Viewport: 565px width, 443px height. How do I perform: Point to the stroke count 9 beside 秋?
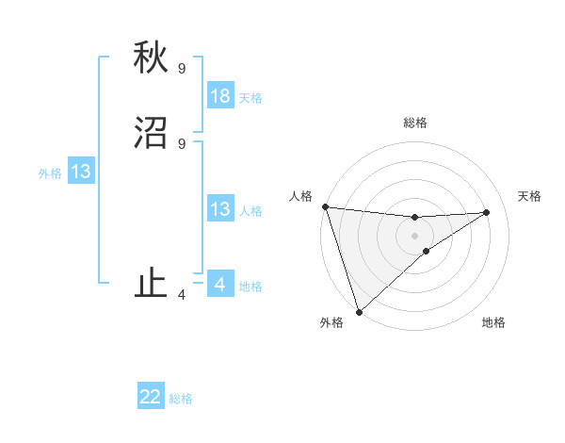tap(181, 68)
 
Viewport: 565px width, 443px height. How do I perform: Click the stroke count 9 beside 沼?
tap(181, 143)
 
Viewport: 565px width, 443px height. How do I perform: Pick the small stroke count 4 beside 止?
tap(181, 295)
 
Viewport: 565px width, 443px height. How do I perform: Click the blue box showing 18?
tap(220, 96)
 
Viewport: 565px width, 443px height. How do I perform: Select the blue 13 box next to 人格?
tap(220, 209)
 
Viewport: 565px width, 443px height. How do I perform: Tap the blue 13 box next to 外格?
tap(81, 172)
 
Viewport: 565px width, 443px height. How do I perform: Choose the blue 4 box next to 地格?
tap(220, 285)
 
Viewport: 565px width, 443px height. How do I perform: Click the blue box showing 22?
tap(151, 397)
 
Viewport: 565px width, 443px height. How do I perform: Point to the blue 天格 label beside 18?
tap(250, 97)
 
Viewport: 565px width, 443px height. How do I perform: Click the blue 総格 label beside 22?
tap(181, 399)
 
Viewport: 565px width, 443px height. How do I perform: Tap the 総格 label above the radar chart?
tap(414, 123)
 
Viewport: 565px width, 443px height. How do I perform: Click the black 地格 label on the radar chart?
tap(493, 322)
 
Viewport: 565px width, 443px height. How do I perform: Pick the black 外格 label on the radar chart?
tap(331, 322)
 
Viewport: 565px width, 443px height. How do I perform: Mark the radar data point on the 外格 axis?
tap(358, 311)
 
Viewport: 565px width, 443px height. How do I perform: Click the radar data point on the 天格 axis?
tap(487, 212)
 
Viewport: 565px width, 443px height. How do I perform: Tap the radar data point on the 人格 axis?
tap(325, 206)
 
